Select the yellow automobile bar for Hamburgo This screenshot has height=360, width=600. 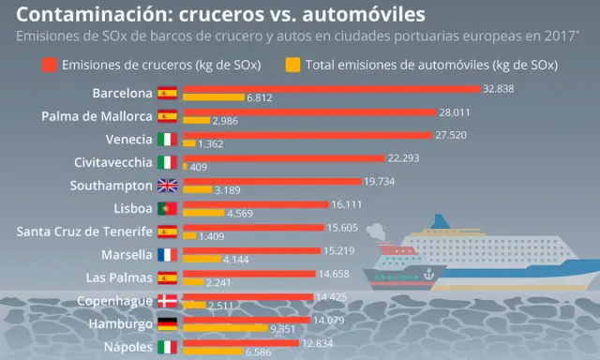225,329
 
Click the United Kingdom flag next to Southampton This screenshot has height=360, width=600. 167,185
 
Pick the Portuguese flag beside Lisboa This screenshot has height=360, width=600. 167,208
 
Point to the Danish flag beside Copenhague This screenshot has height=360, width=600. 167,300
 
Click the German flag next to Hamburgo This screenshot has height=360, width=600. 167,323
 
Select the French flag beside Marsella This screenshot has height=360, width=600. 167,254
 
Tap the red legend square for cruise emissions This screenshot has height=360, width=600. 50,65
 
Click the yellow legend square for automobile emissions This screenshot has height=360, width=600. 293,65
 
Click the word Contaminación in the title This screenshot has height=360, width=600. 80,14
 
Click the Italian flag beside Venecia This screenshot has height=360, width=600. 167,139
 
